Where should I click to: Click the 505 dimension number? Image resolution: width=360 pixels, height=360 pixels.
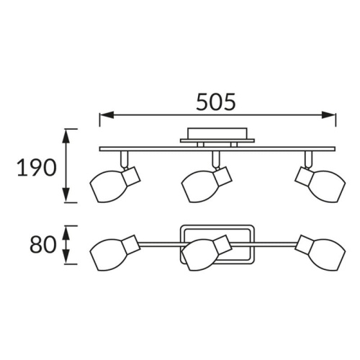coord(216,102)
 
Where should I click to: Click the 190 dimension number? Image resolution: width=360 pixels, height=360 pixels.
coord(37,167)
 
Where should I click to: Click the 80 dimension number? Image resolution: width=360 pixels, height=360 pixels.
coord(42,245)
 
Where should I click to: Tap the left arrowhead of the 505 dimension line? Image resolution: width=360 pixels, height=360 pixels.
coord(107,115)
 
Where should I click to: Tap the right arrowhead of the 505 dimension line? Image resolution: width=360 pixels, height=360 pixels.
coord(328,115)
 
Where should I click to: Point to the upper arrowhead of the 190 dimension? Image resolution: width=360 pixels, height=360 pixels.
coord(66,137)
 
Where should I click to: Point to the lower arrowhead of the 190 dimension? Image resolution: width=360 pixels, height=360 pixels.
coord(66,195)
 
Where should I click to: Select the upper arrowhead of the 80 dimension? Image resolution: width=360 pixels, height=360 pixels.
coord(66,233)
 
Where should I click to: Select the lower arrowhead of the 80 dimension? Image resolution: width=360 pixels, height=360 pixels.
coord(66,256)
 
